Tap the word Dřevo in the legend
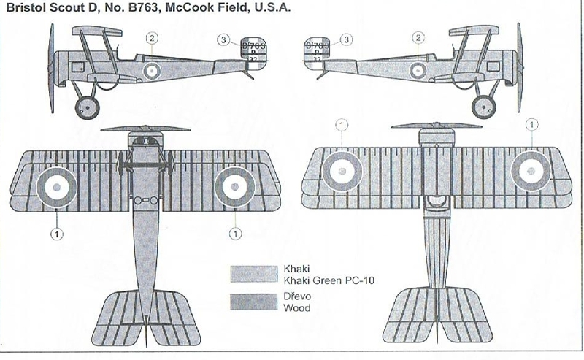pyautogui.click(x=294, y=296)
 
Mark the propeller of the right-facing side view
pyautogui.click(x=519, y=67)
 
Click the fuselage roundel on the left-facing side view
pyautogui.click(x=152, y=70)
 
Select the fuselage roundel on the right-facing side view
pyautogui.click(x=418, y=70)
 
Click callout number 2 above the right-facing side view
pyautogui.click(x=418, y=38)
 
